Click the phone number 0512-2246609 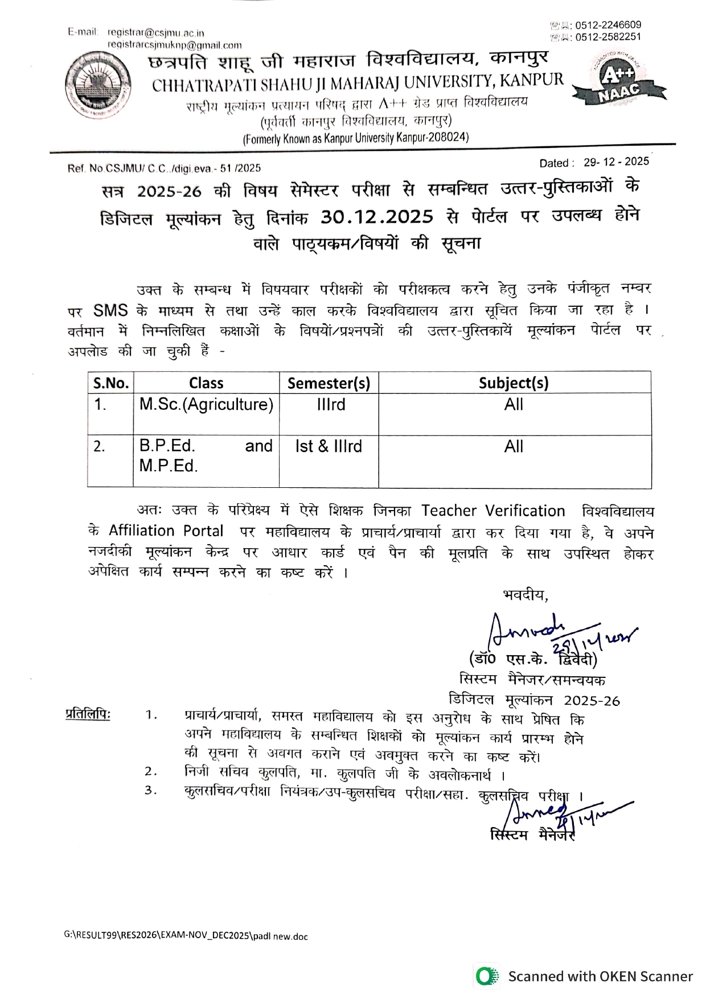coord(608,25)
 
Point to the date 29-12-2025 coord(616,162)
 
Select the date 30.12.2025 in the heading coord(377,217)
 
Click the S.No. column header coord(110,383)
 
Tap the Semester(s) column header coord(329,383)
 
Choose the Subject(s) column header coord(514,383)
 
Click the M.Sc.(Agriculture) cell coord(206,405)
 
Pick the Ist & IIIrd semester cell coord(329,446)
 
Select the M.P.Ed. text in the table coord(169,466)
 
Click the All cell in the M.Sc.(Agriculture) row coord(514,405)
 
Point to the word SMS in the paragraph coord(110,311)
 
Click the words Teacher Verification coord(493,511)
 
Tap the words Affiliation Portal coord(166,531)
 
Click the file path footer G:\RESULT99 coord(186,936)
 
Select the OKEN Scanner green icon coord(486,976)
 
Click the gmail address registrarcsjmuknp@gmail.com coord(174,45)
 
